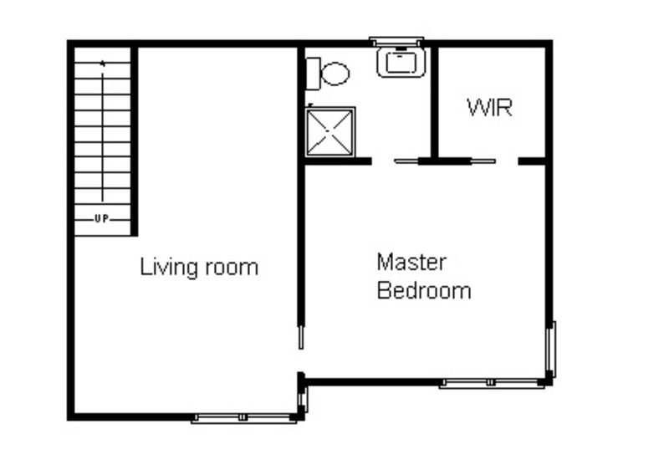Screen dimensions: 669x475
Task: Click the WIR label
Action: coord(489,107)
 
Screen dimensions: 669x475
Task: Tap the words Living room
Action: coord(199,268)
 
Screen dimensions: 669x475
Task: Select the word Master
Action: coord(411,262)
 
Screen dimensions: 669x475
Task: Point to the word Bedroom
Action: coord(424,290)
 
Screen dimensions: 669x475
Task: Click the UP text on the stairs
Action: coord(101,219)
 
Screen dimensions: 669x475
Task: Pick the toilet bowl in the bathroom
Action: coord(335,74)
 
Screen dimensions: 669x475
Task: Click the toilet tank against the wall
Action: coord(314,74)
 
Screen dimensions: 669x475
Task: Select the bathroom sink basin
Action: coord(401,63)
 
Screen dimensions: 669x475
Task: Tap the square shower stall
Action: coord(330,132)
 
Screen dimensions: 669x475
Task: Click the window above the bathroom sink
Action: coord(396,42)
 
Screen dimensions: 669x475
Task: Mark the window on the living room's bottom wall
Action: coord(243,418)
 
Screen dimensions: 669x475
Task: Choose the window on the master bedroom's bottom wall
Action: coord(492,383)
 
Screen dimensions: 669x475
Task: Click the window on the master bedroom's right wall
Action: coord(552,349)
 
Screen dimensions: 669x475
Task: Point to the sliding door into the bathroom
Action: coord(406,161)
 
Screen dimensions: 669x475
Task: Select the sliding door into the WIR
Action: coord(483,161)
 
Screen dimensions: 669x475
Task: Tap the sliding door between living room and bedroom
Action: coord(301,338)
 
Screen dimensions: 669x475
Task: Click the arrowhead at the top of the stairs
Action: coord(102,64)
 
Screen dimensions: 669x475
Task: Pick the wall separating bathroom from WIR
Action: coord(435,102)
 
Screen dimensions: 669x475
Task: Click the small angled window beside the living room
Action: coord(304,400)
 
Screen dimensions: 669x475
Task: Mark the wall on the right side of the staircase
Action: coord(134,141)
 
